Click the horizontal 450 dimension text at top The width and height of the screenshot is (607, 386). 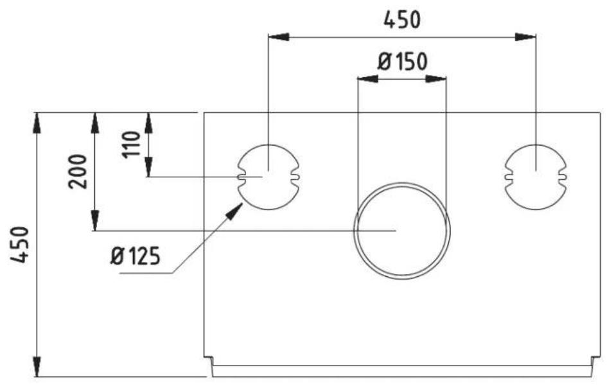tap(402, 20)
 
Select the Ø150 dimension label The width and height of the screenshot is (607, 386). tap(402, 62)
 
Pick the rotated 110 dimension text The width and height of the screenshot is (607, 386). tap(132, 145)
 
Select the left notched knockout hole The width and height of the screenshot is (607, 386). tap(268, 177)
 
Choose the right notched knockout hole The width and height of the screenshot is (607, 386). tap(536, 176)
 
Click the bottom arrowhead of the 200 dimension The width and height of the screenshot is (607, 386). tap(94, 222)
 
